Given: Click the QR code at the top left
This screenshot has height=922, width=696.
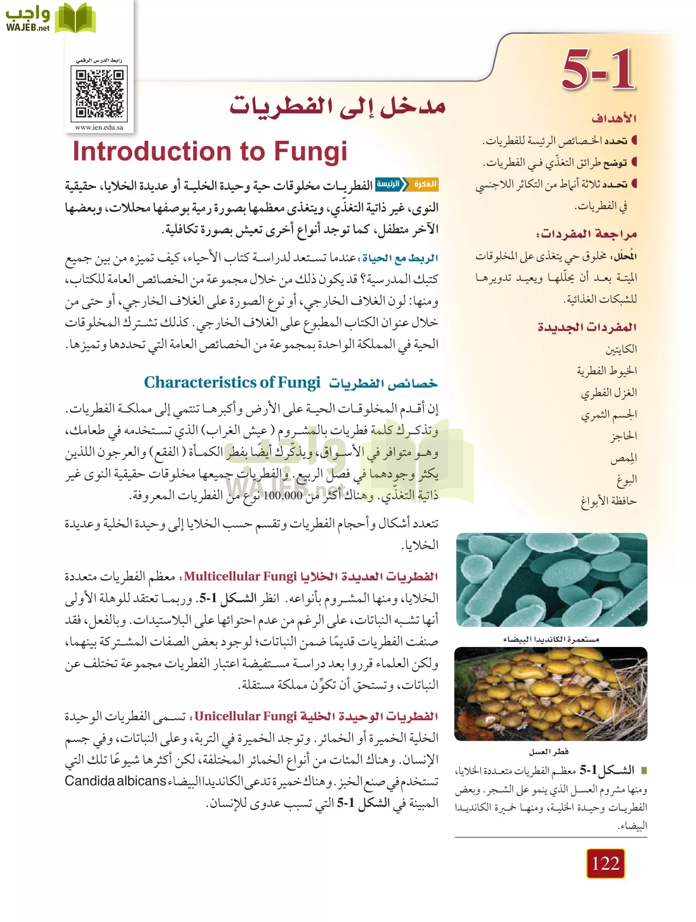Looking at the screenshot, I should point(100,94).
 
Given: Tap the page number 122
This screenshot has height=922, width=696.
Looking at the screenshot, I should point(605,863).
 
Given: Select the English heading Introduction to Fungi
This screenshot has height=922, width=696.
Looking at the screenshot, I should point(210,152).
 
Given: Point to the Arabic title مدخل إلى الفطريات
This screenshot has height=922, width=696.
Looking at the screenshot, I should point(337,106).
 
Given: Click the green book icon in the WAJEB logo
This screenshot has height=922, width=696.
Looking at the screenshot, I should point(75,18).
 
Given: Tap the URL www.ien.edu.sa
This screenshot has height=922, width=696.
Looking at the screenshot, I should point(99,128).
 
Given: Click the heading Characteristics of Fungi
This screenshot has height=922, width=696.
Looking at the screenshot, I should point(232,382).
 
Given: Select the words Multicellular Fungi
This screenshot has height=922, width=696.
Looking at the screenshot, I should point(240,576).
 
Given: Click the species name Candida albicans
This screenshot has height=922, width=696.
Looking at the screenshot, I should point(115,781).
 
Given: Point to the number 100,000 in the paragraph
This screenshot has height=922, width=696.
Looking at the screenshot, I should point(282,495).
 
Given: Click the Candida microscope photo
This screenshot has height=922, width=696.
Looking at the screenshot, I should point(551,579).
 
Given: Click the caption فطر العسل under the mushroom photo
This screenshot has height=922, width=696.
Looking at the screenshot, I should point(549,751).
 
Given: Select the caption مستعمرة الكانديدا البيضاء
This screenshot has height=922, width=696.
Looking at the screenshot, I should point(551,639).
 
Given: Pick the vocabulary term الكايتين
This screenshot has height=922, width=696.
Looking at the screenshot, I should point(621,349).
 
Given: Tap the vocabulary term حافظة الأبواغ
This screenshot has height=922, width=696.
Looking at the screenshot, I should point(609,500).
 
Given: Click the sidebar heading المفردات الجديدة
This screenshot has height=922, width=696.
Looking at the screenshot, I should point(587,327).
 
